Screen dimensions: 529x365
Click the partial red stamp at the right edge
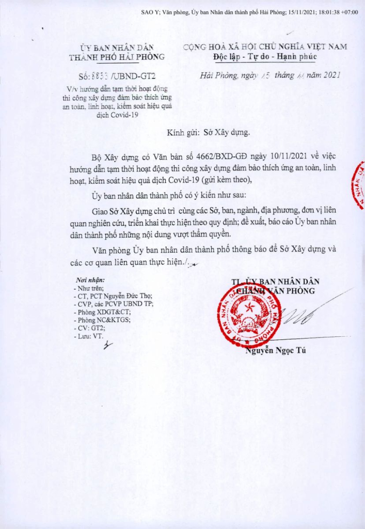[358, 185]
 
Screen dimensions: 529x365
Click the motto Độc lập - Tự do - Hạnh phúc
[265, 56]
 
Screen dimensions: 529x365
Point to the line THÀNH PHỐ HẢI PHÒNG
[117, 57]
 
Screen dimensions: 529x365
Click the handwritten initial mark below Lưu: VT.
[107, 347]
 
